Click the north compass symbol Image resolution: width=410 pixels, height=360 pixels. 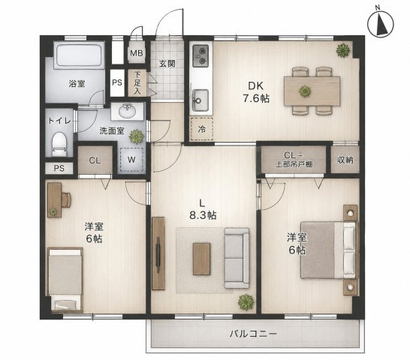click(381, 25)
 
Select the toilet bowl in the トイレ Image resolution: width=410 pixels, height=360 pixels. click(59, 144)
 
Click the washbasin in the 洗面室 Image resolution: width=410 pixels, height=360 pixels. click(128, 111)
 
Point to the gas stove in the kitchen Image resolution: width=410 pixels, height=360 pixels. click(200, 56)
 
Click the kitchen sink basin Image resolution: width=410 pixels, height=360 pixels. click(200, 100)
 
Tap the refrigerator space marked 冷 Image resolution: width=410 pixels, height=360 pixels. click(201, 129)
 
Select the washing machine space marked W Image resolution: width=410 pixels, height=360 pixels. click(131, 160)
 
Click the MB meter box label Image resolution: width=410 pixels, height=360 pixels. click(137, 53)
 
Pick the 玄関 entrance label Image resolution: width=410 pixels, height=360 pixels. click(167, 64)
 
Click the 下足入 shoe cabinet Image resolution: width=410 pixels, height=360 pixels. click(137, 83)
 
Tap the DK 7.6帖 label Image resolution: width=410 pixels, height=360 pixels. click(256, 92)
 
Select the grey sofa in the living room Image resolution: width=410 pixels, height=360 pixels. click(237, 258)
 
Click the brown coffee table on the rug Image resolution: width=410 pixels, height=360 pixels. click(201, 259)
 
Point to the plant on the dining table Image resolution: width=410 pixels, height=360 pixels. click(305, 91)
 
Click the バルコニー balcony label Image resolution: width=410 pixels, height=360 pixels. click(253, 334)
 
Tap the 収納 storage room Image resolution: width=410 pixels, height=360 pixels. click(345, 160)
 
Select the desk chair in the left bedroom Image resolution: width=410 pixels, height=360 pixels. click(66, 199)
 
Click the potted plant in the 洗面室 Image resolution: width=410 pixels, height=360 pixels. click(137, 136)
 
